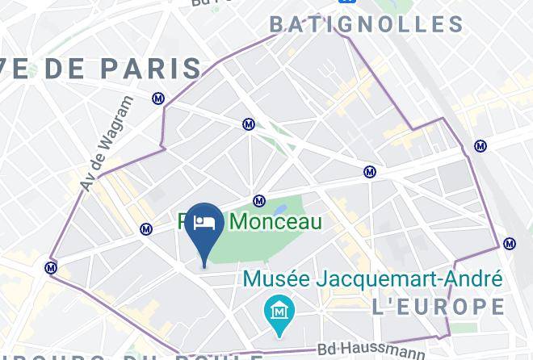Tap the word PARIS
pos(154,69)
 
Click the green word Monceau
pos(276,222)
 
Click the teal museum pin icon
pos(279,311)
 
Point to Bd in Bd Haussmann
pos(327,350)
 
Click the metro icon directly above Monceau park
pos(259,201)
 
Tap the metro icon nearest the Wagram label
pos(158,98)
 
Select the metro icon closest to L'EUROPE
pos(510,244)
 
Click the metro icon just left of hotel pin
pos(146,229)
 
